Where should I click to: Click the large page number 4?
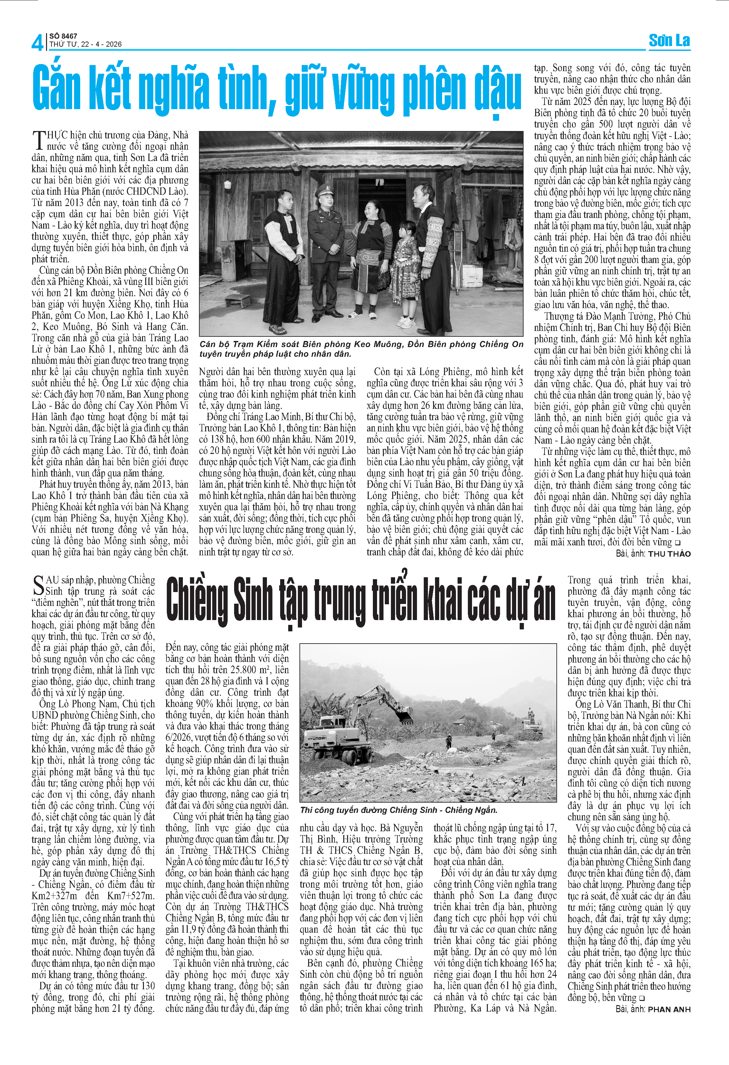(37, 42)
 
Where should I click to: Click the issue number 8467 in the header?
(69, 36)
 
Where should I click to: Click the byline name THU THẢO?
(669, 553)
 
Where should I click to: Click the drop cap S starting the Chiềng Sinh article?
(39, 587)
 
